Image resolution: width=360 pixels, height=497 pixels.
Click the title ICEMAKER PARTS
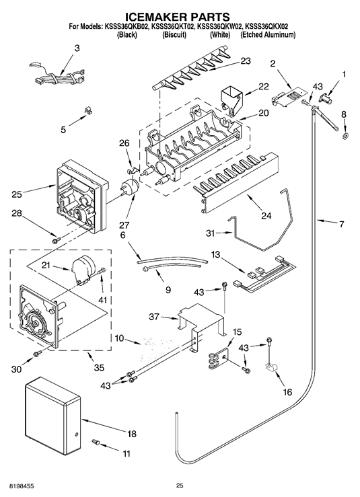click(178, 16)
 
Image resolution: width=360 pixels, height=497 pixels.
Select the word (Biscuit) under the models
click(174, 34)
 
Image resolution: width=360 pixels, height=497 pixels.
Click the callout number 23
click(246, 61)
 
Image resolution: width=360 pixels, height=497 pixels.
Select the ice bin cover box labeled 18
click(53, 415)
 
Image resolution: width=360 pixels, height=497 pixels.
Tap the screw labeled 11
click(96, 441)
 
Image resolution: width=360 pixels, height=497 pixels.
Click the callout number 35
click(100, 368)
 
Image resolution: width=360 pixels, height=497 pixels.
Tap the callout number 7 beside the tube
click(341, 225)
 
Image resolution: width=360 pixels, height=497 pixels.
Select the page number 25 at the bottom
click(180, 485)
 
